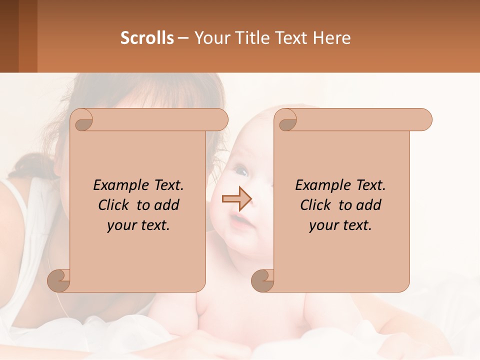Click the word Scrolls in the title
click(147, 38)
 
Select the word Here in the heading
click(332, 38)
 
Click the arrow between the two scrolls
click(236, 199)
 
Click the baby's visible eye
click(241, 172)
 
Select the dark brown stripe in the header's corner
click(9, 36)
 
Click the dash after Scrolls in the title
click(183, 38)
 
